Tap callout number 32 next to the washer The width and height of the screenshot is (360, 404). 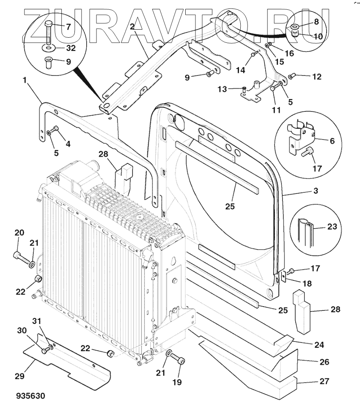point(71,48)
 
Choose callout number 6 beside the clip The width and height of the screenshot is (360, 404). point(332,141)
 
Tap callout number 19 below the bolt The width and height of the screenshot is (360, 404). point(176,382)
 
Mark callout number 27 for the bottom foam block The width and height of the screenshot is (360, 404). point(324,381)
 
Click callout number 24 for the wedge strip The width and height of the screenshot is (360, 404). point(319,345)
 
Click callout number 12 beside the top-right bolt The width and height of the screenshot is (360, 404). point(316,77)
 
